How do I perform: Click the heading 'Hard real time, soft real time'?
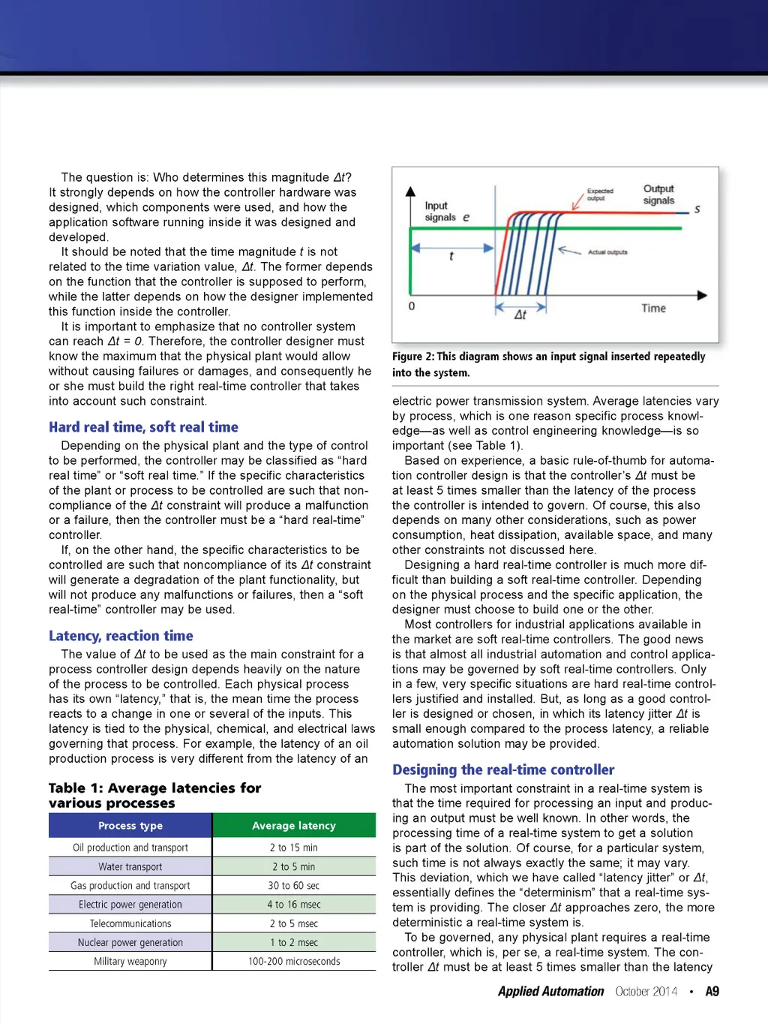[143, 427]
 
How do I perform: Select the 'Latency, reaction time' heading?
[121, 636]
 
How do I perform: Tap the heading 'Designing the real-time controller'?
[503, 770]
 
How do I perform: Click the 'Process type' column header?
[130, 826]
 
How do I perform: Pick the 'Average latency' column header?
[294, 826]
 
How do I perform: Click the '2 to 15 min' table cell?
[294, 848]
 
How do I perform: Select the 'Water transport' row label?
[130, 867]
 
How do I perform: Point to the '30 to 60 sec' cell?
[294, 886]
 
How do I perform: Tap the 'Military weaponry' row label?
[130, 962]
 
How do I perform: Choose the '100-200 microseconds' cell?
[294, 962]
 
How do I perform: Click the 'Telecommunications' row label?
[130, 924]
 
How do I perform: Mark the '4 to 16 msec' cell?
[294, 905]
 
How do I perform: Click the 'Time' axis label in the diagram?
[653, 309]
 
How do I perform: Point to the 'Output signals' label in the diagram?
[658, 194]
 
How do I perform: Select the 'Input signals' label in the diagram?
[440, 212]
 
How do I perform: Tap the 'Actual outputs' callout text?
[607, 252]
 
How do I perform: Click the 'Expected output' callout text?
[600, 194]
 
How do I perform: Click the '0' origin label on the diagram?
[412, 306]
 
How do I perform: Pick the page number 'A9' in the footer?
[712, 992]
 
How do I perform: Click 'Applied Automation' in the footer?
[550, 992]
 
